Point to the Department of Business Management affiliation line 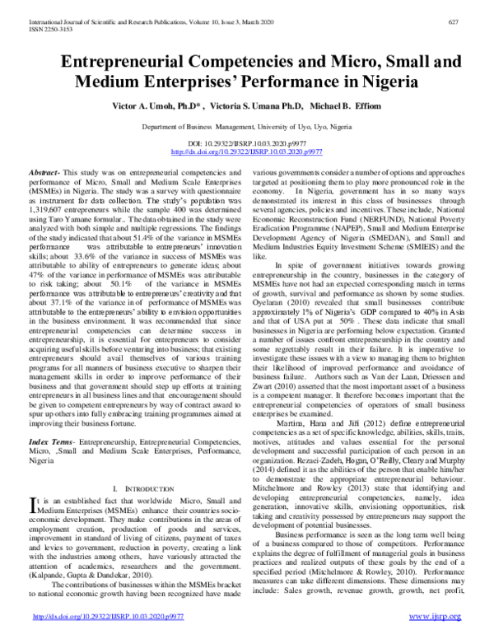(247, 128)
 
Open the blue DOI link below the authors (247, 152)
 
